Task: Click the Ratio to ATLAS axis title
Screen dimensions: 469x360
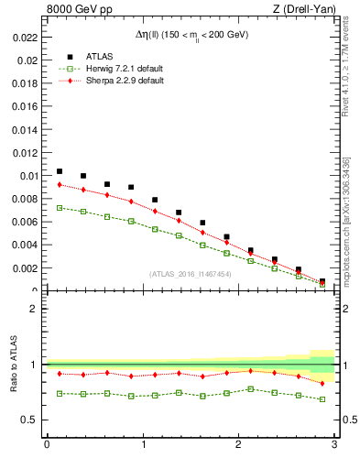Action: [12, 365]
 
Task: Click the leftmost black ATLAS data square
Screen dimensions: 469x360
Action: [60, 171]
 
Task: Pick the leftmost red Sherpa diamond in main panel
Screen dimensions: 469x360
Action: [60, 185]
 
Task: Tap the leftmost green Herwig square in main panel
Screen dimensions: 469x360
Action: [60, 208]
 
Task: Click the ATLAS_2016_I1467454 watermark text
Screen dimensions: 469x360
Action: [189, 274]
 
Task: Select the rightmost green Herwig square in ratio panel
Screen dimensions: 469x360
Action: [322, 399]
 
